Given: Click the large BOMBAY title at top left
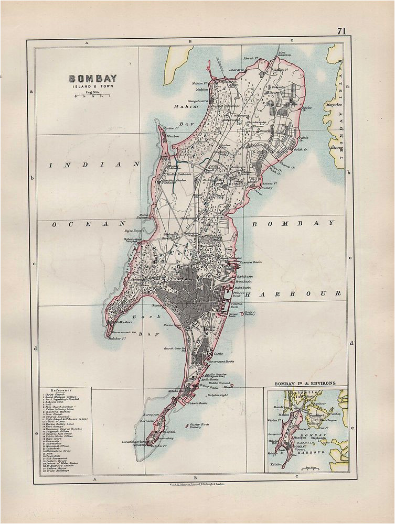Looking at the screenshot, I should [x=93, y=79].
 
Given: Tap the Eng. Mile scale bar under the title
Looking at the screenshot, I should [x=93, y=96].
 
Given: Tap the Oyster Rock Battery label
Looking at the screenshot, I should [x=202, y=426].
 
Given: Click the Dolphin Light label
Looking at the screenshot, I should [x=220, y=395].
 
